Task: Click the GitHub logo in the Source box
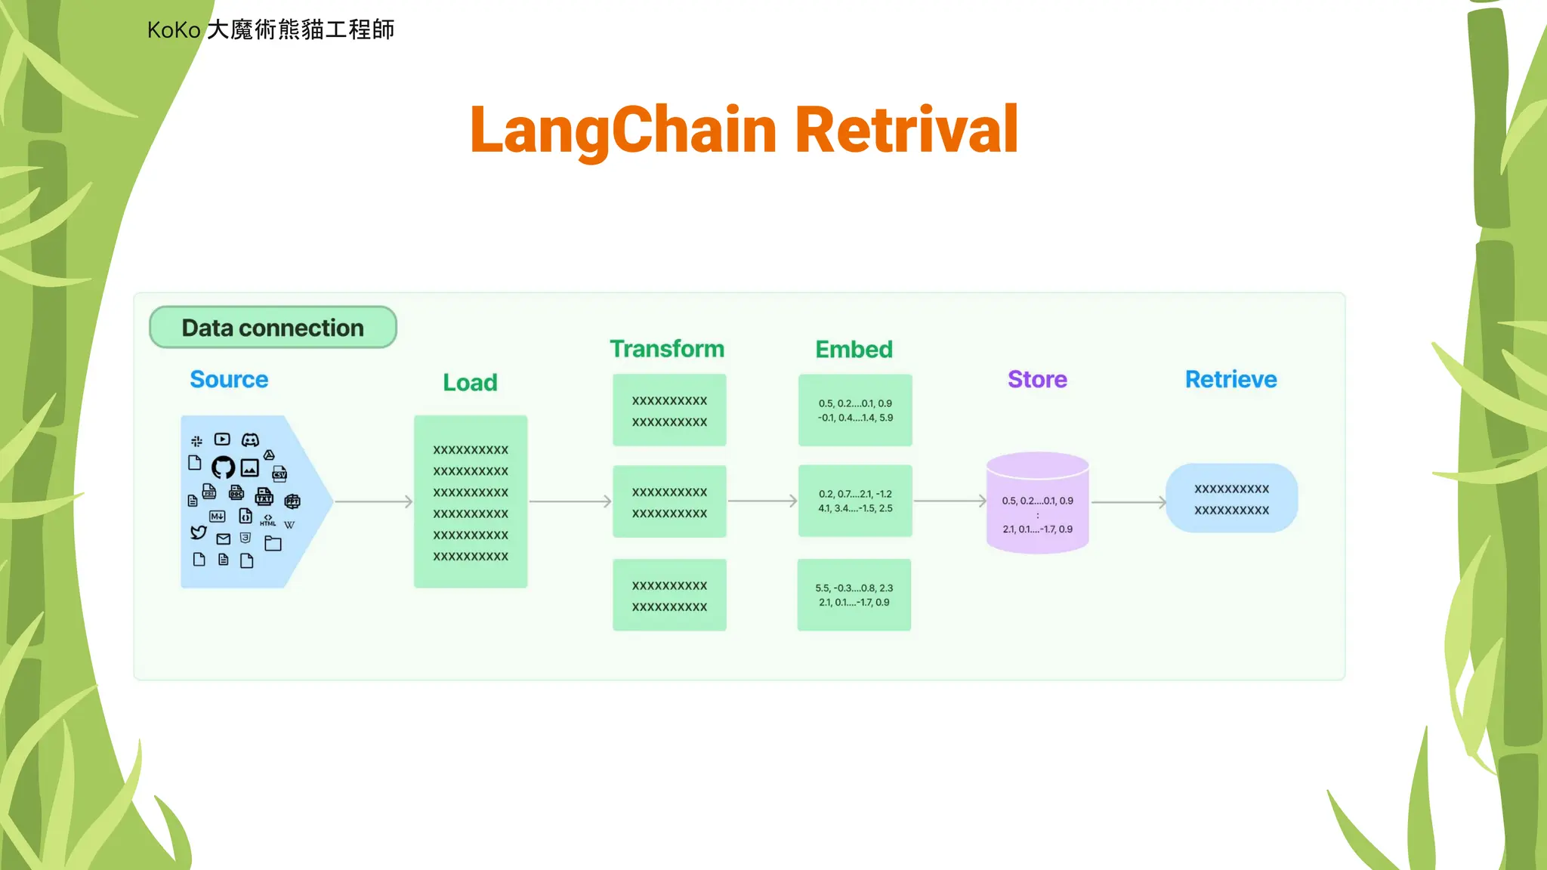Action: (x=223, y=467)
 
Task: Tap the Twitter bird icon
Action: (x=199, y=532)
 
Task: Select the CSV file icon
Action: (x=279, y=474)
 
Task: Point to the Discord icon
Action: (x=250, y=440)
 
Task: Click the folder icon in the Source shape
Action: (x=273, y=543)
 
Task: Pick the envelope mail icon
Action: (x=224, y=539)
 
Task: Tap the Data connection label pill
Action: (x=273, y=328)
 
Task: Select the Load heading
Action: (x=470, y=382)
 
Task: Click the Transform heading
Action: (x=667, y=349)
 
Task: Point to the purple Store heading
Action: (x=1037, y=379)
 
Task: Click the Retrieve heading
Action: (x=1230, y=379)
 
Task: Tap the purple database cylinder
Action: (x=1037, y=503)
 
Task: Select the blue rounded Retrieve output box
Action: (x=1231, y=498)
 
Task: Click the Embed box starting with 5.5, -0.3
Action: (x=854, y=595)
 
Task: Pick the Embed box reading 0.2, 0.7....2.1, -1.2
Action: (x=855, y=501)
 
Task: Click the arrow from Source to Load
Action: (x=373, y=501)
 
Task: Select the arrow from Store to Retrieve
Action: (x=1129, y=501)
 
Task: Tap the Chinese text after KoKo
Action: (x=300, y=29)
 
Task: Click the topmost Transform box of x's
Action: (x=669, y=410)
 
